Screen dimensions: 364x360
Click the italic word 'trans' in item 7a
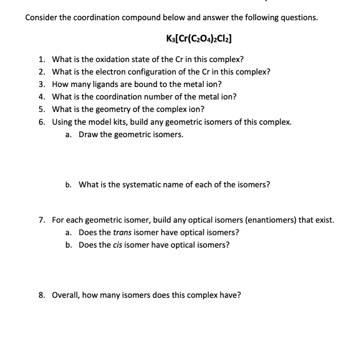click(122, 233)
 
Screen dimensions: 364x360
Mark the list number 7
click(42, 220)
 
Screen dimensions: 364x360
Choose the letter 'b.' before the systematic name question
click(69, 185)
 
